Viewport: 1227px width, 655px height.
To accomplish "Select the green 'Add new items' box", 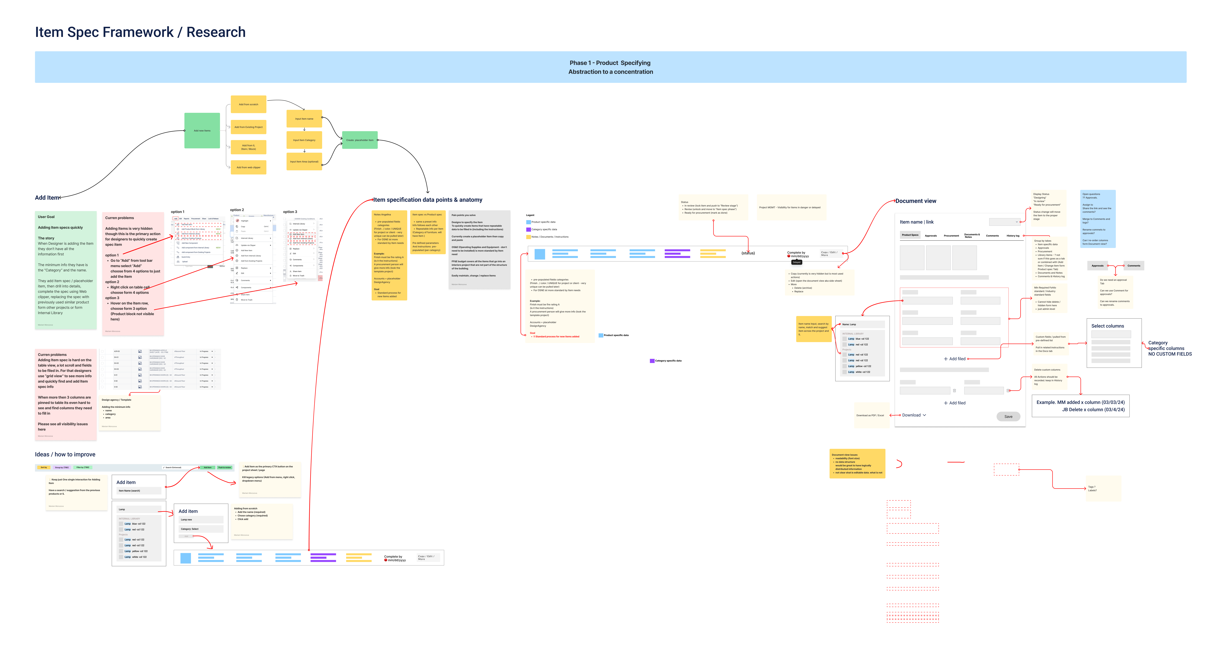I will click(202, 131).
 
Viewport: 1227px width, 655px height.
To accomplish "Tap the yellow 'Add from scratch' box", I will click(248, 104).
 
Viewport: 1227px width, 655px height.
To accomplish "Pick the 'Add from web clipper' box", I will click(248, 167).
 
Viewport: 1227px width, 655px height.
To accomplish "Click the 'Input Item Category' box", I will click(304, 140).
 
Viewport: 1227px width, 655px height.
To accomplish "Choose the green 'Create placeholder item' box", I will click(360, 140).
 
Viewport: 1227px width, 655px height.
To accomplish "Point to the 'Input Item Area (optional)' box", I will click(304, 161).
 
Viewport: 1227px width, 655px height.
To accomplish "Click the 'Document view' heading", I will click(916, 201).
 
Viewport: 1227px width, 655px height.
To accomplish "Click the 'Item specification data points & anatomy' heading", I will click(427, 200).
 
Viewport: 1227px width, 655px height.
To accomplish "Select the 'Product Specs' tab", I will click(910, 235).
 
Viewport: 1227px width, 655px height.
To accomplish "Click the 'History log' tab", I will click(1013, 236).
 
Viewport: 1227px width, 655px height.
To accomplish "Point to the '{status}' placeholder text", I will click(748, 253).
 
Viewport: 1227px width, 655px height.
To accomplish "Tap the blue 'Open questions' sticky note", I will click(1097, 218).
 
